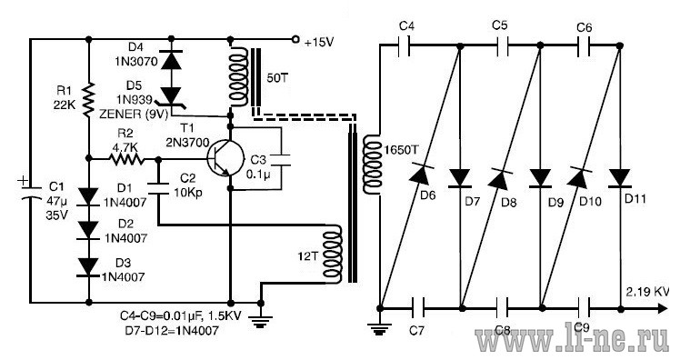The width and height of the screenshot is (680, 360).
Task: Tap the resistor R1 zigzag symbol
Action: point(88,100)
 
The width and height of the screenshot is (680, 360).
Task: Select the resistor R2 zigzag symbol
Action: point(126,159)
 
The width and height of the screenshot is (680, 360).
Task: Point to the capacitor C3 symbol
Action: point(281,159)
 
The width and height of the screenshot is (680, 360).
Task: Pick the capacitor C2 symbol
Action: point(158,189)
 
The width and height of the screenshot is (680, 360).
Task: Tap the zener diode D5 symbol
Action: point(171,96)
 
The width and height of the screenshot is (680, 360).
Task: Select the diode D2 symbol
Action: point(88,230)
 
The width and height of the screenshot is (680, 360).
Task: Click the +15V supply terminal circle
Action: point(295,39)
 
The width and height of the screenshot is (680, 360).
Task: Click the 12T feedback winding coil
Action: point(333,255)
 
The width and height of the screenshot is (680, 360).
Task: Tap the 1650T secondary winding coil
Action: point(372,165)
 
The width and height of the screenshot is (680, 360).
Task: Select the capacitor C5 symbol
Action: point(502,45)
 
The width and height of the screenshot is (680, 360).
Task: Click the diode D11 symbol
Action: point(620,178)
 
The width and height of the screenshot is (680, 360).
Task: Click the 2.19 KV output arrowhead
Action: point(662,308)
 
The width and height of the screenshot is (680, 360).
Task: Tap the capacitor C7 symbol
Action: point(417,308)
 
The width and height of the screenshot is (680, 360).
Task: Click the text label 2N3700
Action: point(187,143)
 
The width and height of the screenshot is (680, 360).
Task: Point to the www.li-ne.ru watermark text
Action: point(572,340)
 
